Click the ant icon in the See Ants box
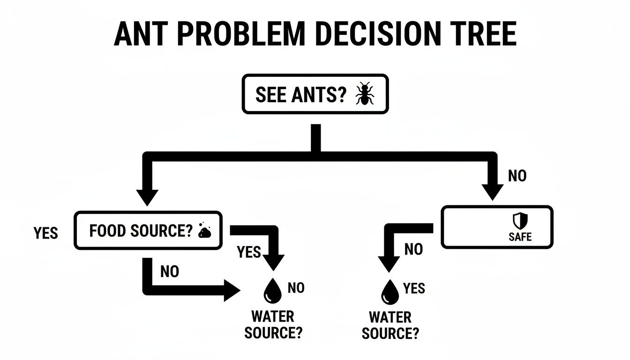[x=364, y=94]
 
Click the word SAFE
[x=520, y=237]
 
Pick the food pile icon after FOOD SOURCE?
[x=205, y=231]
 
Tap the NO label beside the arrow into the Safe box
[x=517, y=176]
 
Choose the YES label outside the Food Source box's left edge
[x=45, y=233]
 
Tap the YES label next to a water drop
[x=414, y=288]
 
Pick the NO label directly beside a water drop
[x=296, y=288]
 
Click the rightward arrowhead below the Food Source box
[x=232, y=291]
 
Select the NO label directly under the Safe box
[x=413, y=249]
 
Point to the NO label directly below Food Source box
[x=169, y=271]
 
